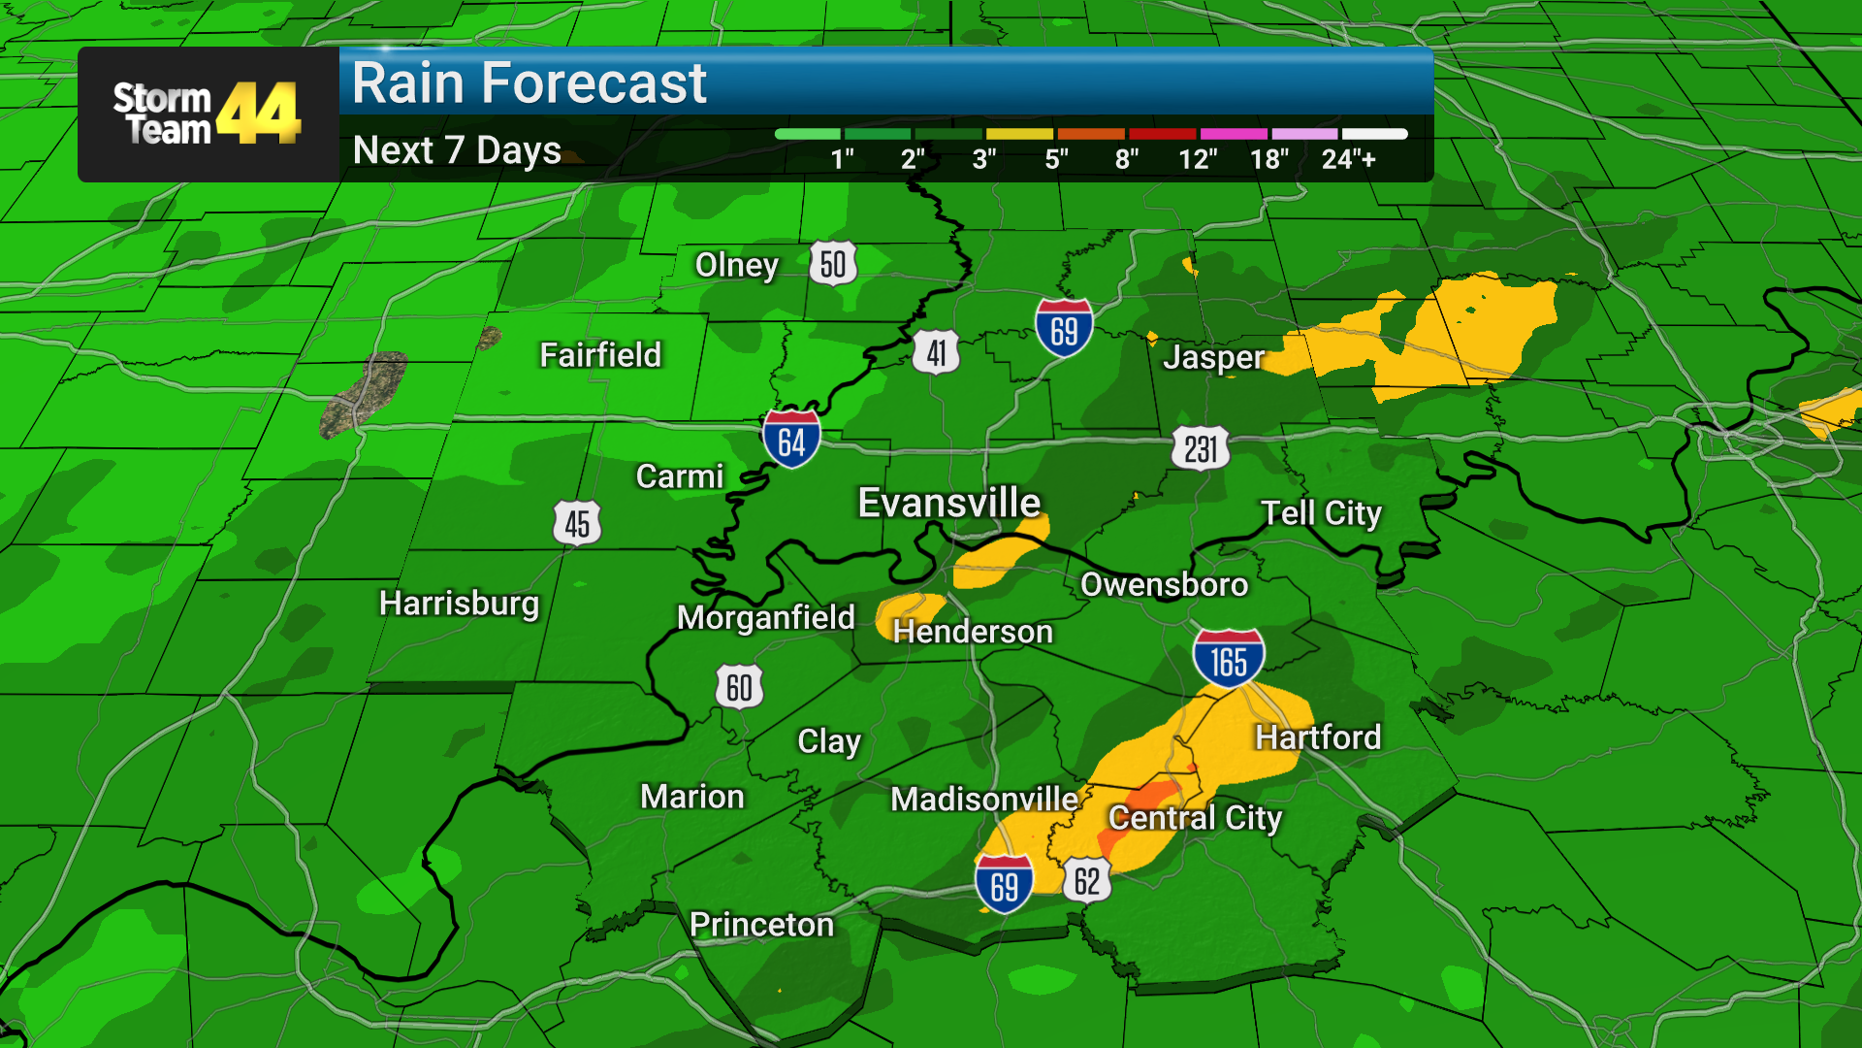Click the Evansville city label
coord(948,503)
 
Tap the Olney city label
coord(736,265)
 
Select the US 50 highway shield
coord(833,264)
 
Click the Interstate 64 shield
coord(791,441)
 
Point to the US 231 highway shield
coord(1201,449)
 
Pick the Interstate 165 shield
coord(1228,660)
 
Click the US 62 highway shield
coord(1086,881)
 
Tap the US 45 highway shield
coord(577,524)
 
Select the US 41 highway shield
coord(936,352)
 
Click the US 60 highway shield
coord(739,687)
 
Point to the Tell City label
coord(1321,513)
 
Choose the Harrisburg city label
coord(459,604)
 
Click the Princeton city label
coord(761,925)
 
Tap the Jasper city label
coord(1213,357)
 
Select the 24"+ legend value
coord(1348,159)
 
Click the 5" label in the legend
coord(1056,159)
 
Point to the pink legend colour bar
coord(1234,134)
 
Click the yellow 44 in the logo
coord(259,114)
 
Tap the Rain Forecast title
coord(530,83)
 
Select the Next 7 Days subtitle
coord(457,150)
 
